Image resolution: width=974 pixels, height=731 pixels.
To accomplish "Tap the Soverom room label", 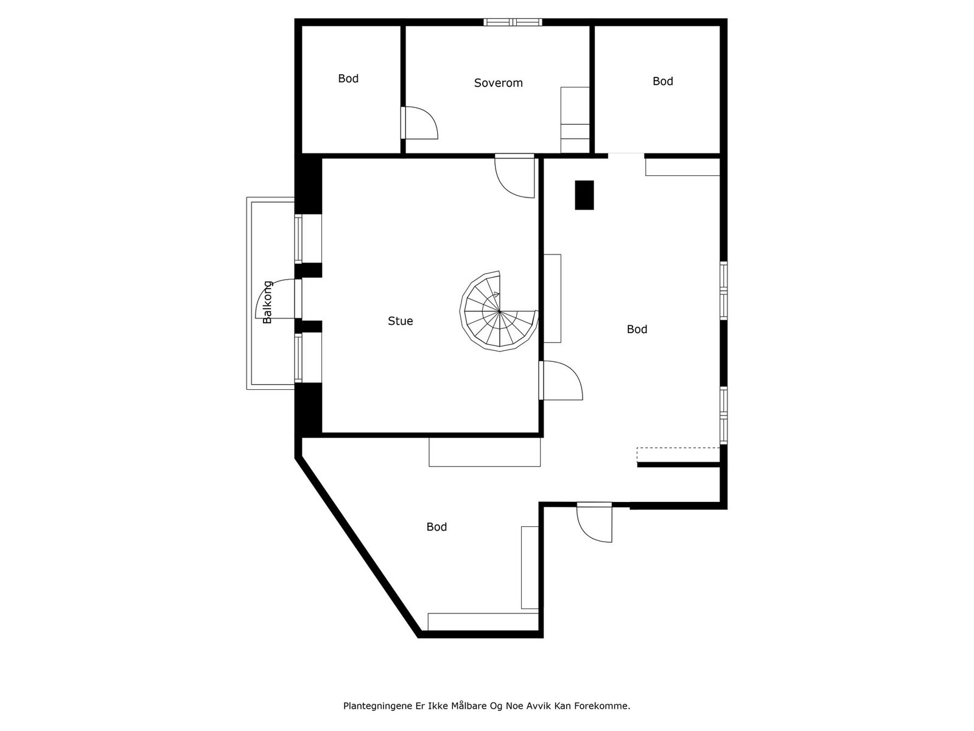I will click(x=498, y=83).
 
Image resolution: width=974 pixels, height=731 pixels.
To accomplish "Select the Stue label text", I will click(x=400, y=321).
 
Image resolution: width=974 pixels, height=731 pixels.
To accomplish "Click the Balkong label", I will click(x=267, y=302).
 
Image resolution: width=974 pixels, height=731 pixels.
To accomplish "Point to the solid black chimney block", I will click(x=584, y=196).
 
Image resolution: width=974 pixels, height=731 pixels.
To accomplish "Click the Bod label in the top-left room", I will click(x=348, y=79).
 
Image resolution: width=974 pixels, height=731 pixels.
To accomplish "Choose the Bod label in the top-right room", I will click(x=662, y=81).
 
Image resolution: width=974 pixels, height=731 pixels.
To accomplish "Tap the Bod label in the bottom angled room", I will click(x=436, y=527).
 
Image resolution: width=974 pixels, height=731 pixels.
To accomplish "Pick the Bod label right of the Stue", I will click(x=637, y=330).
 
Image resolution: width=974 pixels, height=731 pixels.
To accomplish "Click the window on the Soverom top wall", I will click(x=513, y=23).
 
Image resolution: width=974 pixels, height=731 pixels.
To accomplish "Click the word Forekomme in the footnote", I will click(x=605, y=706).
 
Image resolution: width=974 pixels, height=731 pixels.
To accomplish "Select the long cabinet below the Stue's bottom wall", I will click(x=485, y=452).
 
